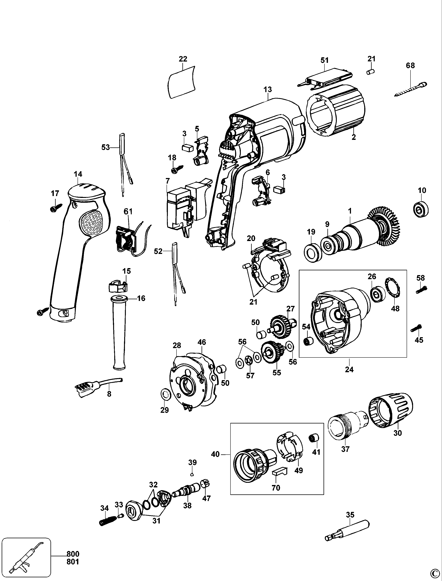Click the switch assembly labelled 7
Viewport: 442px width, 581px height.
(x=184, y=208)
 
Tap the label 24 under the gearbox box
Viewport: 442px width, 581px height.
(x=349, y=369)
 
